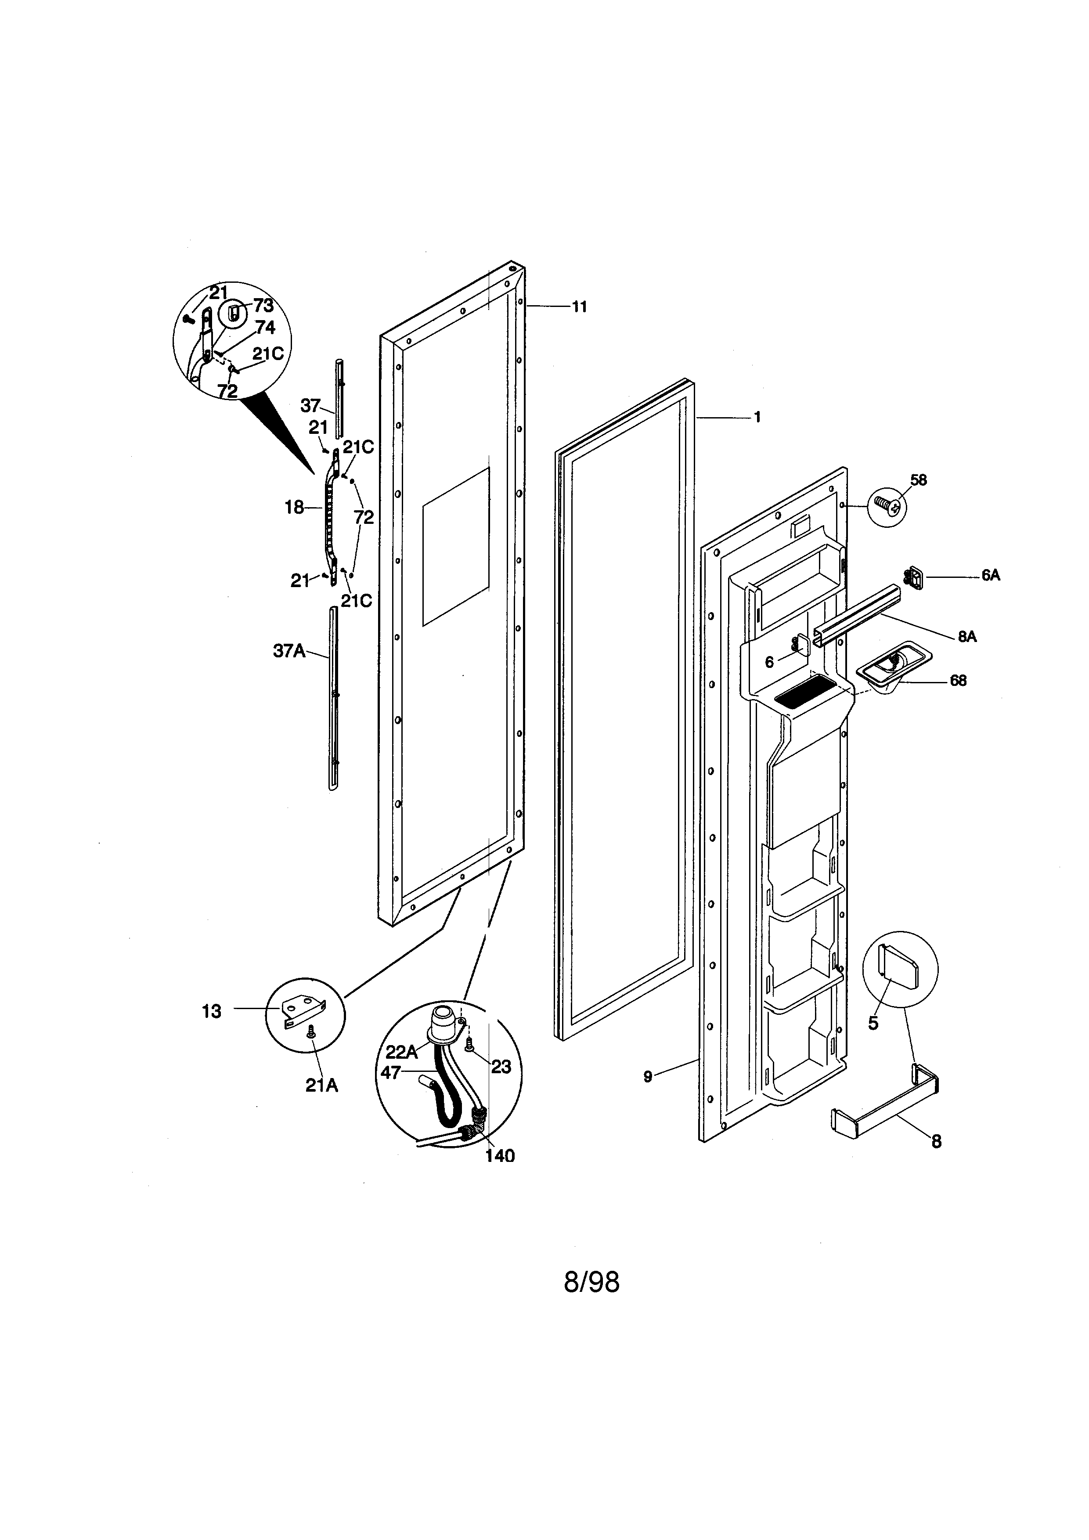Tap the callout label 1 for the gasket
757,417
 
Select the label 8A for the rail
967,637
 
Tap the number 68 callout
958,681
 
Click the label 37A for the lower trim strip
289,651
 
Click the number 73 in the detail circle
263,306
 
